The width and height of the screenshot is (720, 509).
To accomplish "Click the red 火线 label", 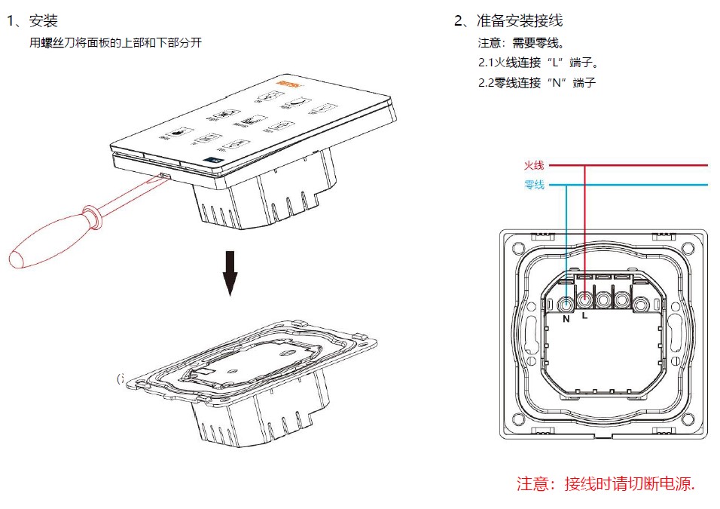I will point(534,165).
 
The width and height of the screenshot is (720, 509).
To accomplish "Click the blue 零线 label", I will point(534,185).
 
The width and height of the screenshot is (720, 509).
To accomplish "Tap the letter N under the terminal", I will point(566,319).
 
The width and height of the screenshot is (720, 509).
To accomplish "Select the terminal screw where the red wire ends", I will point(584,299).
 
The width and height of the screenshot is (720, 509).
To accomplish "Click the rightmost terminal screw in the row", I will point(640,305).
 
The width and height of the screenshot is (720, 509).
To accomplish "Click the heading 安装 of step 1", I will point(44,21).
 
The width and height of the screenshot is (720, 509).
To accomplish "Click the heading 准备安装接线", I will point(520,21).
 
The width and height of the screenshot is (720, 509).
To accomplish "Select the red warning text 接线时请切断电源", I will point(629,483).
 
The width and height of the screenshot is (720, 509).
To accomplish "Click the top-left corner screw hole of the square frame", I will point(517,246).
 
